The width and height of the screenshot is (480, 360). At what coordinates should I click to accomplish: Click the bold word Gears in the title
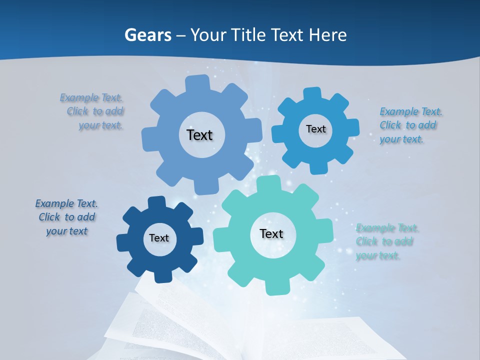pos(147,35)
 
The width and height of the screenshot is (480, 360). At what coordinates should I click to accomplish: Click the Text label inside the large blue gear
pos(199,135)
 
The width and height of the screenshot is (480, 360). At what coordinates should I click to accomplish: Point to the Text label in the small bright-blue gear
pos(315,129)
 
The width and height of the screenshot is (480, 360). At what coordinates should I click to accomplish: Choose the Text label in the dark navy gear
pos(159,238)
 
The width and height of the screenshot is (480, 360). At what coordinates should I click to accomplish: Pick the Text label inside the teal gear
pos(271,233)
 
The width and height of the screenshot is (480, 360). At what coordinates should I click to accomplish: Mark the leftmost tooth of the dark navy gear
pos(123,242)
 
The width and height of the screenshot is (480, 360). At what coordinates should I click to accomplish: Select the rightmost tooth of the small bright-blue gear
pos(353,127)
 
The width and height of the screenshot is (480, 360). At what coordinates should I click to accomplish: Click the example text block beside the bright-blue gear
pos(410,125)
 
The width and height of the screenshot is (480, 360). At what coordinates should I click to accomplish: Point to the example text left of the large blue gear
pos(93,111)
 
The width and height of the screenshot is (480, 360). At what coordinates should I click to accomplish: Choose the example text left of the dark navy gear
pos(66,217)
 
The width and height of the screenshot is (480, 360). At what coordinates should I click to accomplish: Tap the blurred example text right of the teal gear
pos(386,242)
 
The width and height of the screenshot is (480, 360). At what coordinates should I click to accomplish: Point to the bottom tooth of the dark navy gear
pos(161,275)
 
